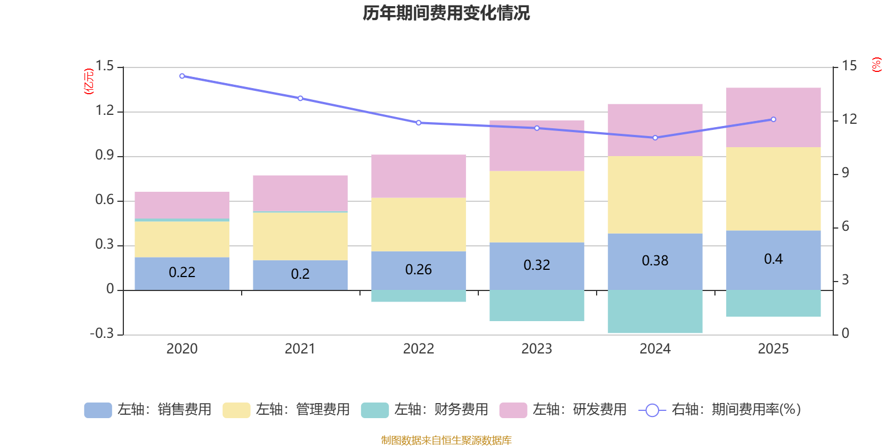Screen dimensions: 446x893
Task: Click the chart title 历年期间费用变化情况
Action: [x=446, y=13]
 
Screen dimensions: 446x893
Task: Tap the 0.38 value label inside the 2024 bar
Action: [x=655, y=260]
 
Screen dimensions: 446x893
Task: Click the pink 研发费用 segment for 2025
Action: [x=773, y=117]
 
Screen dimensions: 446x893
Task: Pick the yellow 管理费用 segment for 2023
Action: [x=536, y=206]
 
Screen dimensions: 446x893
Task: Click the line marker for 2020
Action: [x=182, y=76]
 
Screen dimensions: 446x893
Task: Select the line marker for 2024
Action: [x=655, y=138]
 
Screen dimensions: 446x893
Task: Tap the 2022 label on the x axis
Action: [x=418, y=349]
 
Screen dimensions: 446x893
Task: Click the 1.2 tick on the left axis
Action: [x=104, y=111]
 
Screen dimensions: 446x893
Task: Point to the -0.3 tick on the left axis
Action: [x=102, y=333]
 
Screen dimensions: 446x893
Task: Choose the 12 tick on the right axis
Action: [x=849, y=119]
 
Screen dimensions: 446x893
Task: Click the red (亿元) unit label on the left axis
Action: [x=88, y=81]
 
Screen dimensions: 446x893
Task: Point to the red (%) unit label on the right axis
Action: [x=876, y=64]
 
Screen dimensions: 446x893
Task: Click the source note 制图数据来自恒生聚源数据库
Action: [x=446, y=440]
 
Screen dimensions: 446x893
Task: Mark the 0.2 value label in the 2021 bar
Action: [x=300, y=274]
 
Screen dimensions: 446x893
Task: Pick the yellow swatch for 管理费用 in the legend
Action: [x=236, y=410]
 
